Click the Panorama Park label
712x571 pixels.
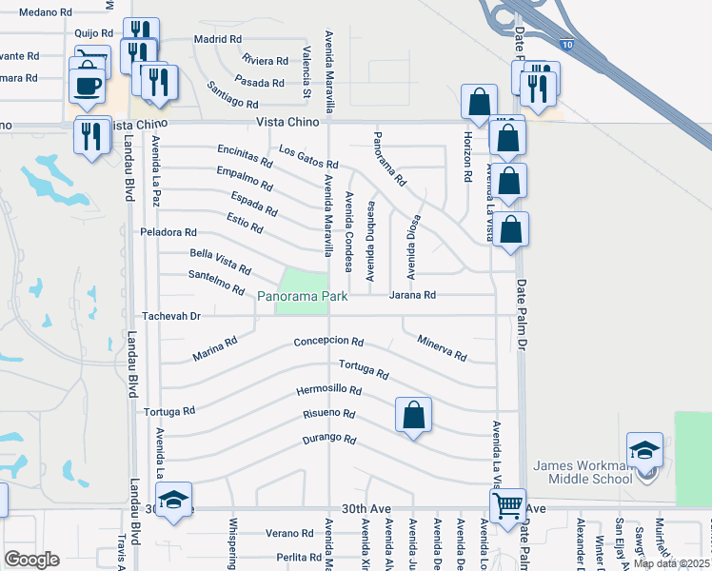point(300,297)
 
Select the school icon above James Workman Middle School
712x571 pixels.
point(644,449)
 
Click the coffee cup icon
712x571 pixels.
point(88,84)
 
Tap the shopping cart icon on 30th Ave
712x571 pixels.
point(507,504)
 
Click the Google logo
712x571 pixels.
point(31,560)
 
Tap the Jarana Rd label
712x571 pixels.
point(412,296)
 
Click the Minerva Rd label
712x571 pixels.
point(442,348)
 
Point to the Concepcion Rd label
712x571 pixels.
point(328,342)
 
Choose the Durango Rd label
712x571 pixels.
point(328,440)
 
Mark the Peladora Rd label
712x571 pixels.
point(168,232)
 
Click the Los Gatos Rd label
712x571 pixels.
point(308,158)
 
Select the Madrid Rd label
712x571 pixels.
point(217,39)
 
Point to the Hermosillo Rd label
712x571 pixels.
point(328,390)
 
